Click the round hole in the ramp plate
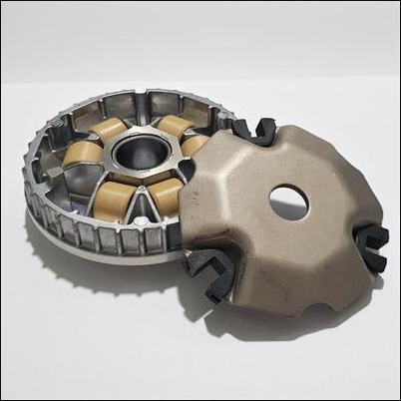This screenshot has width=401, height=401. click(x=288, y=202)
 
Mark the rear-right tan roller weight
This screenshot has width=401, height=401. click(x=174, y=126)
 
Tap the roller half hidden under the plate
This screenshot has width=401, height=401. click(x=194, y=146)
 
